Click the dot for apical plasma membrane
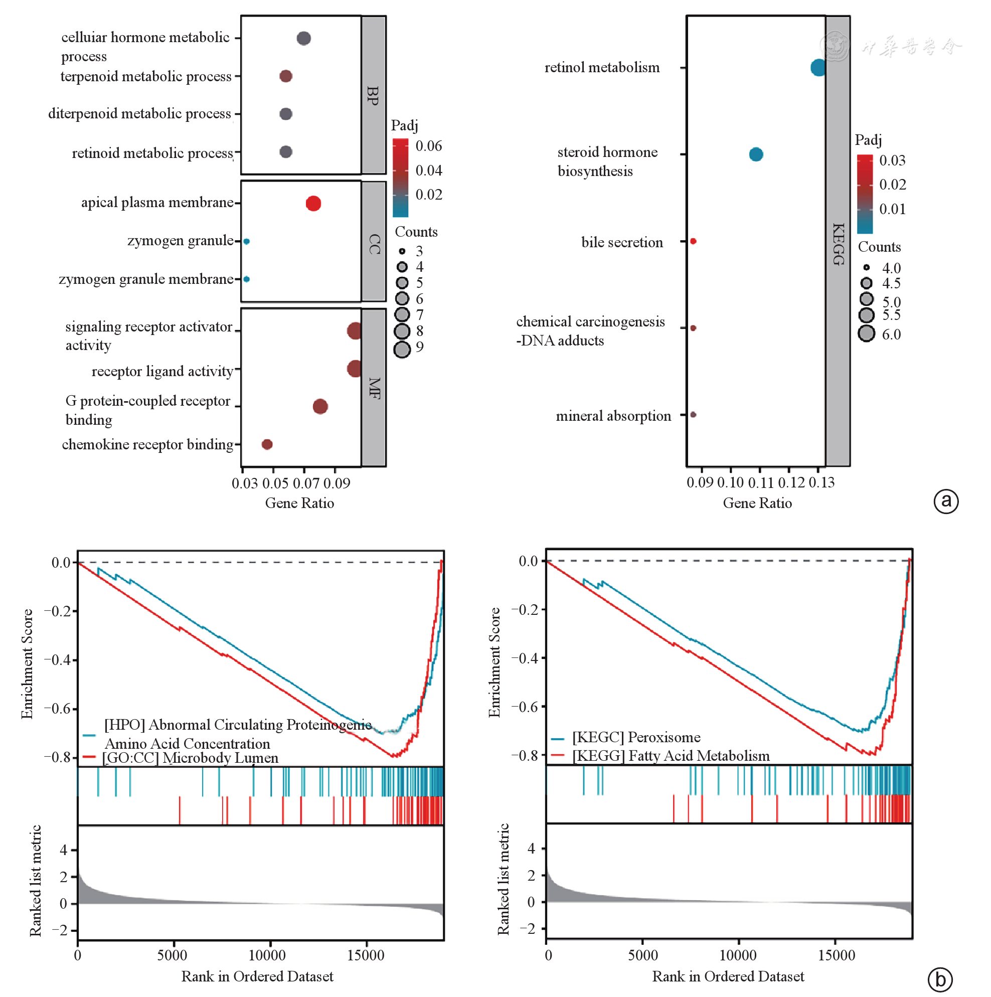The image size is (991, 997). click(x=313, y=203)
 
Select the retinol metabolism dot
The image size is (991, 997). click(x=817, y=68)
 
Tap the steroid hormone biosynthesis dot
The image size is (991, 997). click(x=756, y=154)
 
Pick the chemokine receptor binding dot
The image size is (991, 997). click(x=267, y=444)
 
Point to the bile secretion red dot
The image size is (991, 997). click(x=693, y=242)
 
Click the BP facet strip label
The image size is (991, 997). click(x=373, y=95)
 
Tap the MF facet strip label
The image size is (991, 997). click(x=374, y=388)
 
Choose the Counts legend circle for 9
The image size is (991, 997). click(x=402, y=350)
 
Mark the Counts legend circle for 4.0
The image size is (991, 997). click(x=867, y=268)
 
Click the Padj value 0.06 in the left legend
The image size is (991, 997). click(x=429, y=146)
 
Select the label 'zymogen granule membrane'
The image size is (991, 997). click(x=146, y=279)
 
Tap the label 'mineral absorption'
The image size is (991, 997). click(x=613, y=416)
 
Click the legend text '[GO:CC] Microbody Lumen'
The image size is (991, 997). click(x=190, y=758)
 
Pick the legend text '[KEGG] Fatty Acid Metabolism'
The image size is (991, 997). click(x=671, y=756)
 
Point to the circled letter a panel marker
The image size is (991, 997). click(x=946, y=501)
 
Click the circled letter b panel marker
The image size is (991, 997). click(x=940, y=979)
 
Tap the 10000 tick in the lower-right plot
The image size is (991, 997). click(x=738, y=955)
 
